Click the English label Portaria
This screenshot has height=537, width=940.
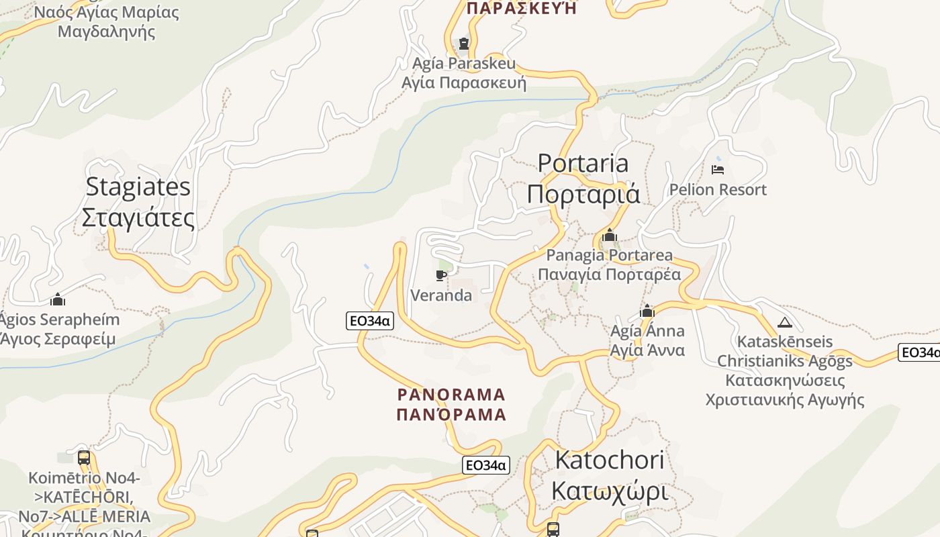tap(583, 163)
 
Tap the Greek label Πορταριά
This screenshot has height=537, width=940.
tap(583, 194)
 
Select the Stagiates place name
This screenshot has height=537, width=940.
tap(138, 187)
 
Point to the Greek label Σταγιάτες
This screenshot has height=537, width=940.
tap(138, 218)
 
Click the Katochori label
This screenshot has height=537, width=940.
tap(610, 460)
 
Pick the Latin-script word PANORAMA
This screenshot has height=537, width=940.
tap(451, 394)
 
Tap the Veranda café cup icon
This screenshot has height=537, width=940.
tap(441, 275)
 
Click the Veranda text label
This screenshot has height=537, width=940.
tap(441, 295)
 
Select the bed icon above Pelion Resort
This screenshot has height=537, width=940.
tap(718, 169)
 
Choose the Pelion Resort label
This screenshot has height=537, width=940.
tap(718, 189)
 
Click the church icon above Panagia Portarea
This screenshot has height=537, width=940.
tap(610, 236)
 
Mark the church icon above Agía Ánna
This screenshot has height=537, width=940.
tap(647, 311)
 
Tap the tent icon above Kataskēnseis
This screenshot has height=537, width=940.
tap(784, 322)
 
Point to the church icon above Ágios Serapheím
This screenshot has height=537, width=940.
tap(58, 299)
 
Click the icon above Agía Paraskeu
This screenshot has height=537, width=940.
tap(463, 44)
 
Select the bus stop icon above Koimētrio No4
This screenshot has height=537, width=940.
tap(84, 458)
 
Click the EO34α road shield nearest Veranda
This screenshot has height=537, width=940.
tap(370, 321)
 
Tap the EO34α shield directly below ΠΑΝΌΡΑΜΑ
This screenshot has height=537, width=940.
tap(486, 465)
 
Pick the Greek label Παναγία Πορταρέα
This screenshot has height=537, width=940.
tap(609, 274)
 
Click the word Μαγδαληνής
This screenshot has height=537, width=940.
tap(107, 32)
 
